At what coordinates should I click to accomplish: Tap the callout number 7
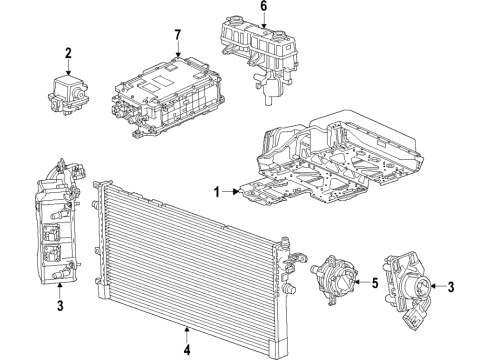pyautogui.click(x=176, y=37)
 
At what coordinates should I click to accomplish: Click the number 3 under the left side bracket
pyautogui.click(x=60, y=304)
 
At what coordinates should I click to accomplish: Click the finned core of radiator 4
pyautogui.click(x=190, y=245)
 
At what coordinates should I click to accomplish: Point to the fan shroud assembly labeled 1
pyautogui.click(x=340, y=165)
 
